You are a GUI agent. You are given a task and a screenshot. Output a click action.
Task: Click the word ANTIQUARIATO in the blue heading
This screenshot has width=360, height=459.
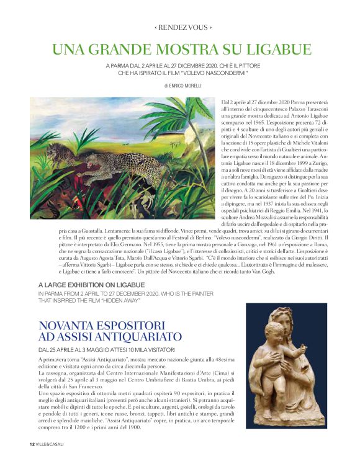(142, 337)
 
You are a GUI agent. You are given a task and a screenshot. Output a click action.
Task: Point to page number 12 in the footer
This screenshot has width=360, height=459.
(31, 443)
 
